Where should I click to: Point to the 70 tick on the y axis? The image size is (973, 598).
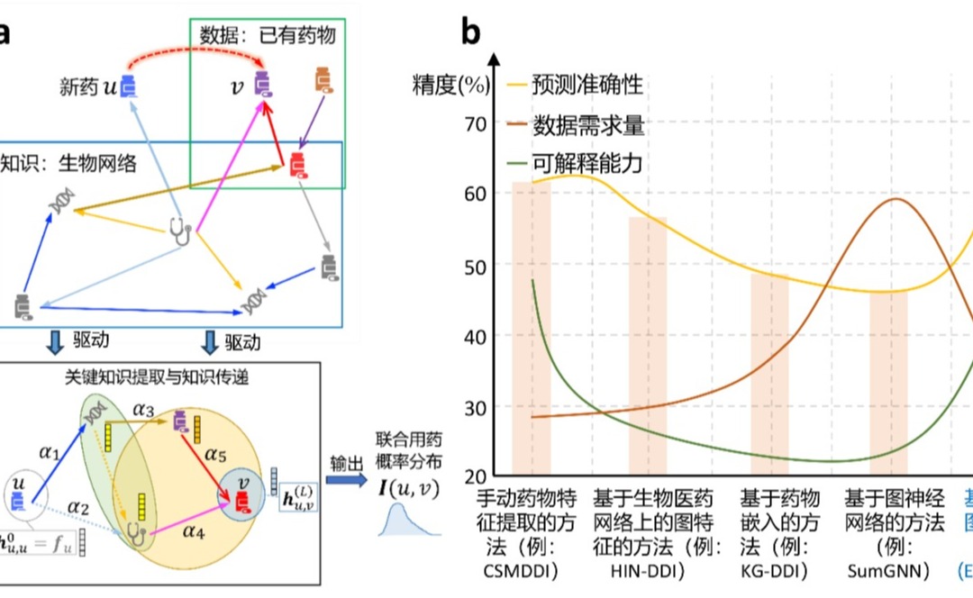click(476, 123)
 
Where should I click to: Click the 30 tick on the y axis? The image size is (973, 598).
click(476, 408)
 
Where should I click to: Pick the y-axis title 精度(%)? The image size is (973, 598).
click(450, 86)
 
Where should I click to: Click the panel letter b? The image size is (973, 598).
click(471, 33)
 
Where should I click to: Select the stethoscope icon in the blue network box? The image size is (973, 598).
click(181, 231)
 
